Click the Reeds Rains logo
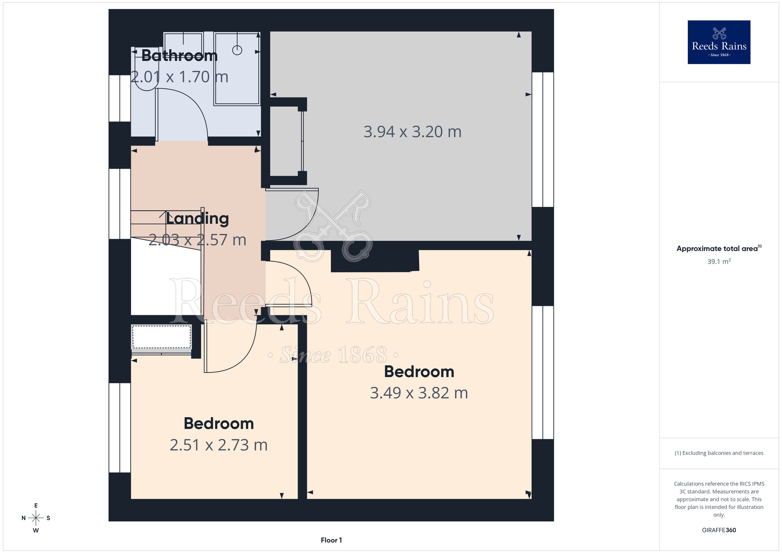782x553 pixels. click(x=719, y=42)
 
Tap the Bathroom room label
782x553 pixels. click(x=179, y=56)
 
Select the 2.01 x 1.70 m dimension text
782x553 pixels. click(x=179, y=77)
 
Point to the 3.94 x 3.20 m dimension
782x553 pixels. click(x=413, y=132)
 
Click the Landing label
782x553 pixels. click(x=197, y=219)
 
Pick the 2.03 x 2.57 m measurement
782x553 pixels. click(x=197, y=240)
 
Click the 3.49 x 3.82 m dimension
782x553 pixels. click(x=419, y=393)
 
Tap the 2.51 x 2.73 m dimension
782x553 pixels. click(x=219, y=445)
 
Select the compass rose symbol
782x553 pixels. click(x=36, y=518)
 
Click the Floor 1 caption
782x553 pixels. click(x=331, y=540)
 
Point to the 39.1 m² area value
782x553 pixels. click(x=719, y=261)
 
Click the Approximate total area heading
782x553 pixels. click(x=719, y=248)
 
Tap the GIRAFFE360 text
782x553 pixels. click(x=719, y=530)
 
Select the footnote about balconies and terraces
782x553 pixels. click(x=719, y=453)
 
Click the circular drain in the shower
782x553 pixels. click(x=237, y=50)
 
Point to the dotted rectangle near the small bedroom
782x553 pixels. click(x=161, y=337)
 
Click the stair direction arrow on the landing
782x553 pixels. click(x=164, y=214)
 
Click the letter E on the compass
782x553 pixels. click(x=36, y=506)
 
